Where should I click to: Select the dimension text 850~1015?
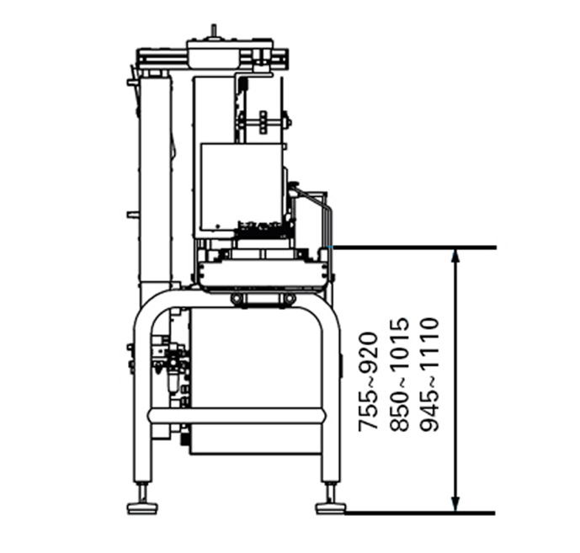[x=400, y=375]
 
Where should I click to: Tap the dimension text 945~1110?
[x=428, y=375]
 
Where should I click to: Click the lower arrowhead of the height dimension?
[x=455, y=504]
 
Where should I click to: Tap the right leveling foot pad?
[x=330, y=507]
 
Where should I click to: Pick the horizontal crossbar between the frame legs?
[x=236, y=415]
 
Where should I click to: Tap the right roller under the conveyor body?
[x=289, y=299]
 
